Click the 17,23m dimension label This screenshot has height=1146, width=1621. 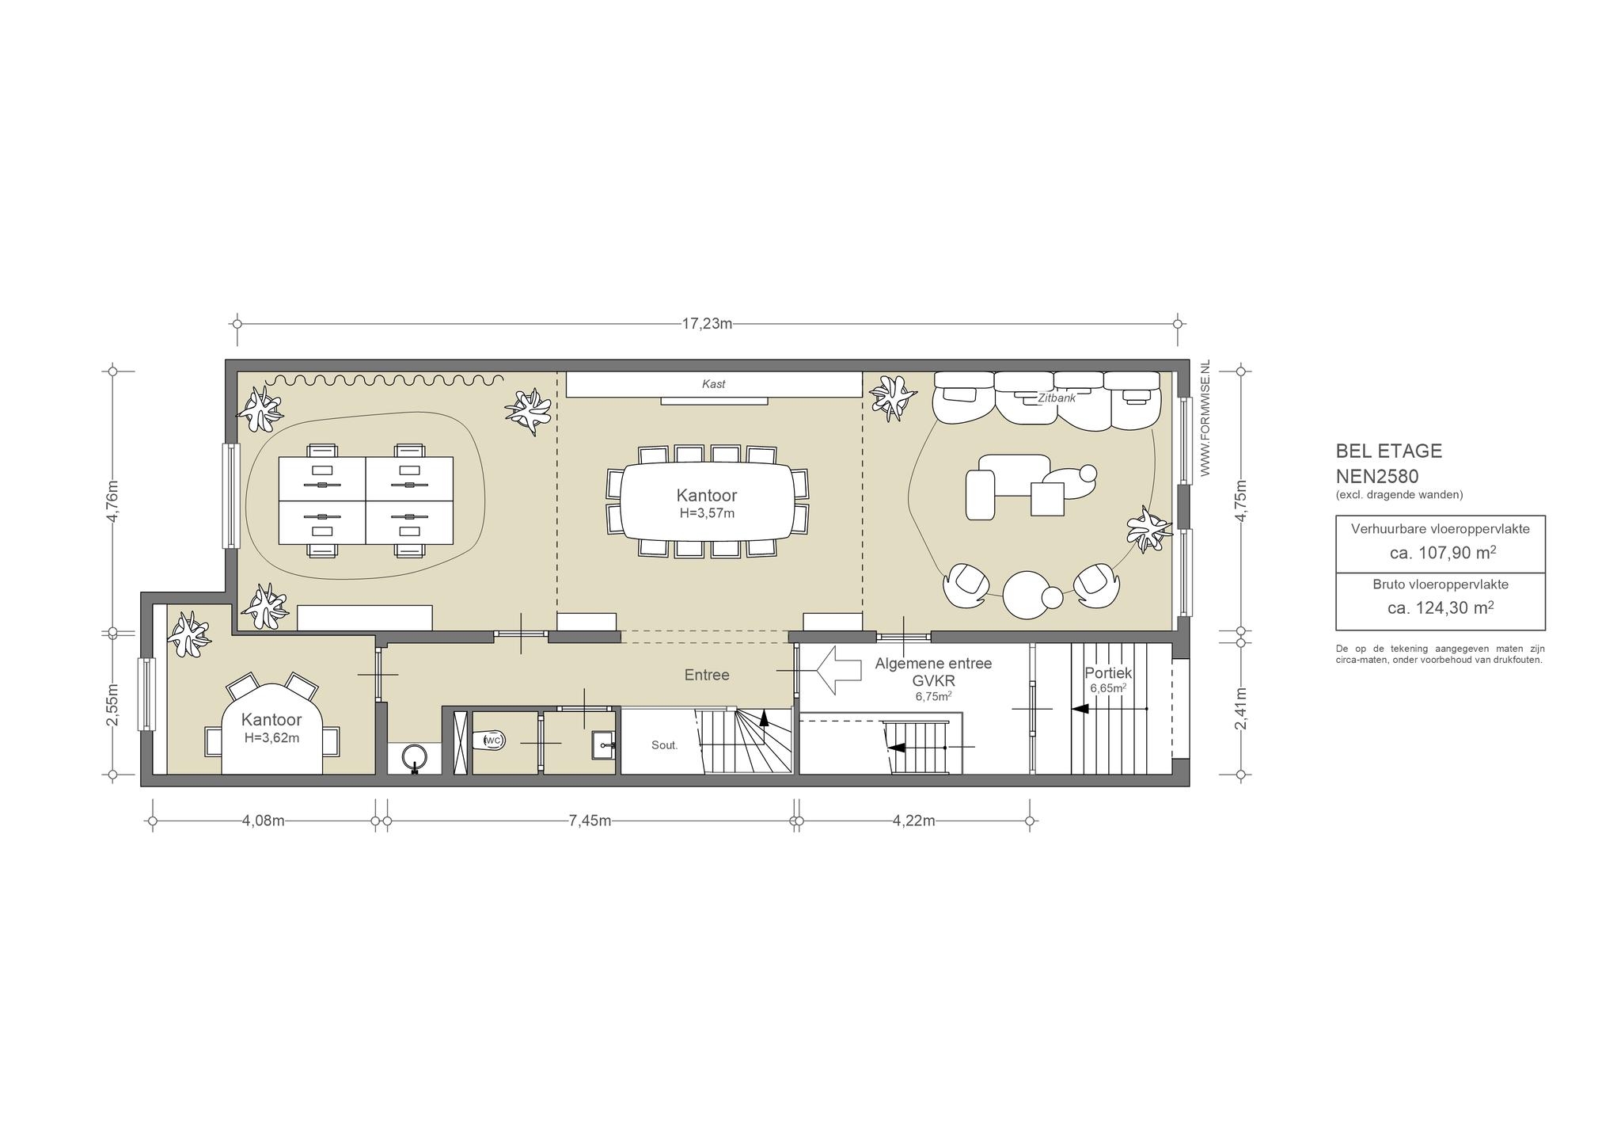(707, 323)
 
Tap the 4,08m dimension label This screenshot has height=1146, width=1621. (263, 820)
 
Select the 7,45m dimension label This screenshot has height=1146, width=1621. (590, 820)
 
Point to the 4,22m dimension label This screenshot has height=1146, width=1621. (913, 820)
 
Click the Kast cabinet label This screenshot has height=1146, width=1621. (714, 384)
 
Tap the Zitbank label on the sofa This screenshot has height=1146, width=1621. (1057, 398)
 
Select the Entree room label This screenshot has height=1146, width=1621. (707, 675)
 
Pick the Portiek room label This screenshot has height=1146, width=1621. (1108, 673)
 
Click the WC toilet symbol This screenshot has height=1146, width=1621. (492, 740)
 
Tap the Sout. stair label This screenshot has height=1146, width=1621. (665, 745)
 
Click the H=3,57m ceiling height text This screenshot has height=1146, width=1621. (707, 512)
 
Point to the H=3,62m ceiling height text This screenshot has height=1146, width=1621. (271, 737)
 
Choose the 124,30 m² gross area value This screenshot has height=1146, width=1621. (1441, 607)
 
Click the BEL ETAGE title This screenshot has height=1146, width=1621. (1389, 451)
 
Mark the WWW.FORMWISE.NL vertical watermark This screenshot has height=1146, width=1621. (1205, 417)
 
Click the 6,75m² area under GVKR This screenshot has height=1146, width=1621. (933, 696)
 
